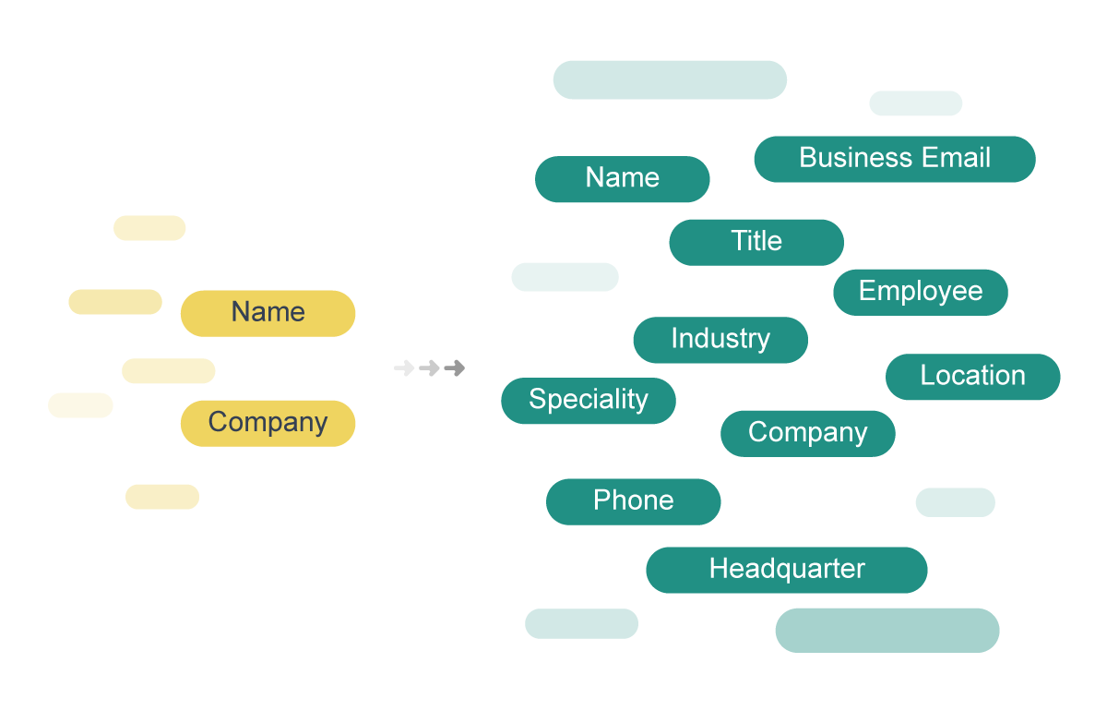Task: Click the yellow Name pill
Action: click(x=268, y=313)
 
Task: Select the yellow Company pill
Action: click(x=268, y=423)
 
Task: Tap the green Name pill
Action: click(x=622, y=178)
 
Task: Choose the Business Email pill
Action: click(x=894, y=159)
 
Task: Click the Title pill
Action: click(x=756, y=242)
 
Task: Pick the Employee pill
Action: click(x=920, y=292)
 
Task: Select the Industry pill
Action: click(x=720, y=340)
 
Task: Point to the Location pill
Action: click(x=972, y=377)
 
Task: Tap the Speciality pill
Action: click(x=588, y=401)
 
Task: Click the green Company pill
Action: click(x=807, y=433)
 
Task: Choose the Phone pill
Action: click(x=633, y=501)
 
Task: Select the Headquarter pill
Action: click(x=786, y=570)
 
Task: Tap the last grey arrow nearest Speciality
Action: click(x=454, y=368)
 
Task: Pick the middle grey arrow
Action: click(x=429, y=368)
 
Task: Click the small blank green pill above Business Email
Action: click(x=915, y=103)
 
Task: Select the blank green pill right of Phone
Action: click(x=955, y=502)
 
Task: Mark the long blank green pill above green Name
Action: click(x=670, y=80)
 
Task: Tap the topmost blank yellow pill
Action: click(x=149, y=228)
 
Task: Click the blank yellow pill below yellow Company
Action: click(x=162, y=497)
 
